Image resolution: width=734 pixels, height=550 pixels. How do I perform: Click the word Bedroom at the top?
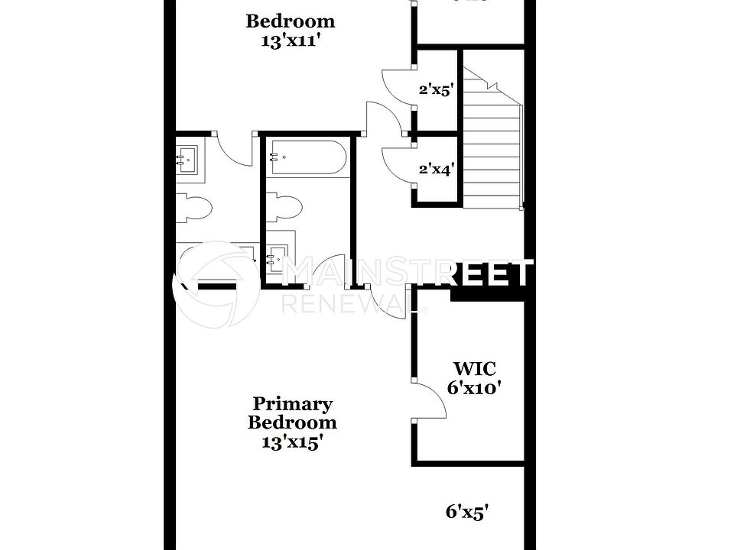(x=290, y=21)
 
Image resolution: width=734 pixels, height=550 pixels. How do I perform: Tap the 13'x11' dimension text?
(x=290, y=41)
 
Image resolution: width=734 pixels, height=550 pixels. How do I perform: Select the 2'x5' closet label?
(x=437, y=89)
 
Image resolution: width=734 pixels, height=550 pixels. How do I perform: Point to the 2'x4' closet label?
(x=437, y=170)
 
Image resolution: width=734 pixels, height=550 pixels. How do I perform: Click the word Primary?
(x=292, y=404)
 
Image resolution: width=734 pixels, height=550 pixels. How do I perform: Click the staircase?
(x=492, y=145)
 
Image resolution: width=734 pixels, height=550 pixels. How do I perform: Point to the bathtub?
(x=307, y=157)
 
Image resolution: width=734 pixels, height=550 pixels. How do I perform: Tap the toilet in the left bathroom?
(x=193, y=208)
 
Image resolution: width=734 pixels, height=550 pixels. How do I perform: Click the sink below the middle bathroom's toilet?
(x=279, y=254)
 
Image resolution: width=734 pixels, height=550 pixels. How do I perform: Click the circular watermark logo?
(x=218, y=284)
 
